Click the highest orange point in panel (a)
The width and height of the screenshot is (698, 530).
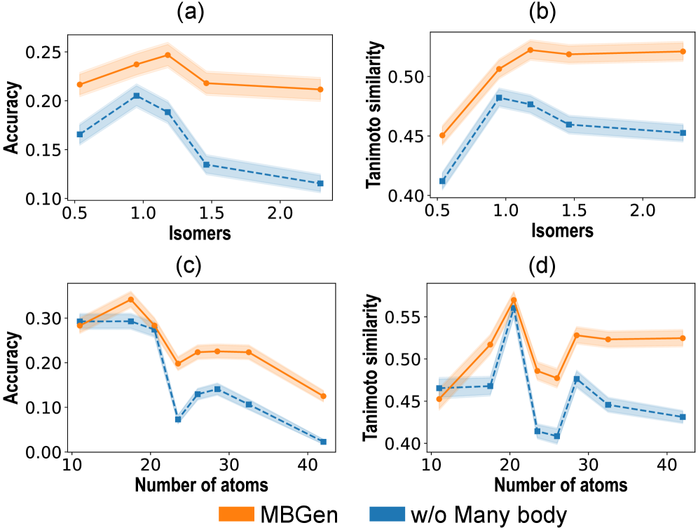(x=167, y=55)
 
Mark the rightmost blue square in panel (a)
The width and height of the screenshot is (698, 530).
(x=320, y=183)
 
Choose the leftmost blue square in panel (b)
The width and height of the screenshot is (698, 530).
(x=442, y=181)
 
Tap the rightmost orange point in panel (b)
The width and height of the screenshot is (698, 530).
(x=682, y=51)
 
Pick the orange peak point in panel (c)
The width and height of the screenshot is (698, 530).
(x=130, y=300)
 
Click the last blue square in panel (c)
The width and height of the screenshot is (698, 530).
(x=323, y=442)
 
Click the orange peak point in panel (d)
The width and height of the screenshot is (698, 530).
(x=513, y=300)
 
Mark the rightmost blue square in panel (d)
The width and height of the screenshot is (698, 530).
(x=682, y=417)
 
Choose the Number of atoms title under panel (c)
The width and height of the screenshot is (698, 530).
(x=201, y=484)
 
